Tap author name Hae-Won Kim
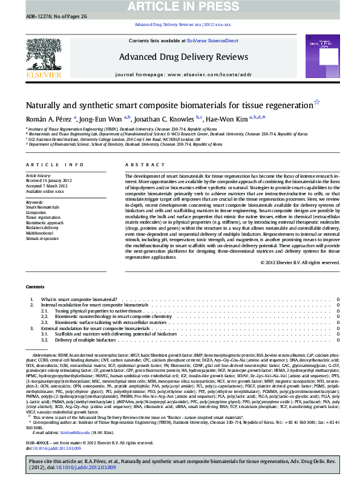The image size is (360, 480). pyautogui.click(x=227, y=119)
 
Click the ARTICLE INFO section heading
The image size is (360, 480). pyautogui.click(x=55, y=164)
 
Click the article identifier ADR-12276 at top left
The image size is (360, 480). pyautogui.click(x=25, y=19)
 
